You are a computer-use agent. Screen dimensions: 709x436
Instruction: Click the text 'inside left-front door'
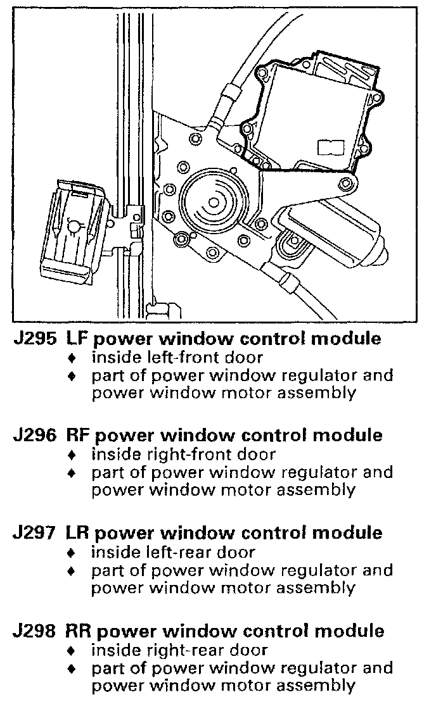(173, 357)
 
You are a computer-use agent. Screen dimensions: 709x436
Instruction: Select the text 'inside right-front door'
(183, 454)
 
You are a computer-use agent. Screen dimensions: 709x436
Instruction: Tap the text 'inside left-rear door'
(173, 552)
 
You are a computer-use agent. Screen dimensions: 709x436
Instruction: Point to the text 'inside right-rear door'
(179, 649)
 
